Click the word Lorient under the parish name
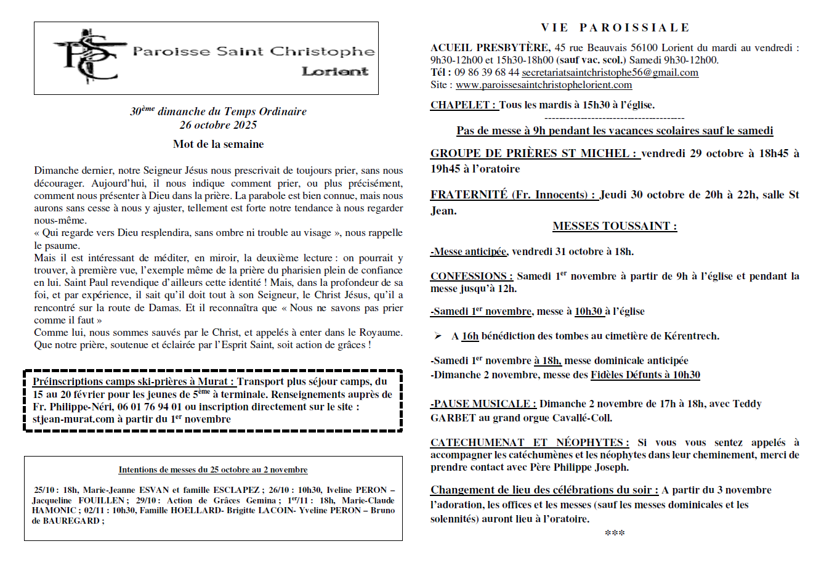point(335,71)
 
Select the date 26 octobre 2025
point(218,125)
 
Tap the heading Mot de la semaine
point(218,144)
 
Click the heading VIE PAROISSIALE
point(615,28)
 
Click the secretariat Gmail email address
point(610,73)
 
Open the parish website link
point(544,85)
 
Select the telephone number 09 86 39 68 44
point(487,73)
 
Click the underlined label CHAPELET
point(463,105)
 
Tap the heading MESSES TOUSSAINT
point(615,226)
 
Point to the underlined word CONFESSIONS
point(471,276)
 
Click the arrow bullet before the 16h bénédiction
point(438,336)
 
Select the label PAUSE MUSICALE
point(483,404)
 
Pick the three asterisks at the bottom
point(615,533)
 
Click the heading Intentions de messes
point(212,469)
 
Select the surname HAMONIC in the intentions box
point(54,510)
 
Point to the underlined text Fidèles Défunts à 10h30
point(645,375)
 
